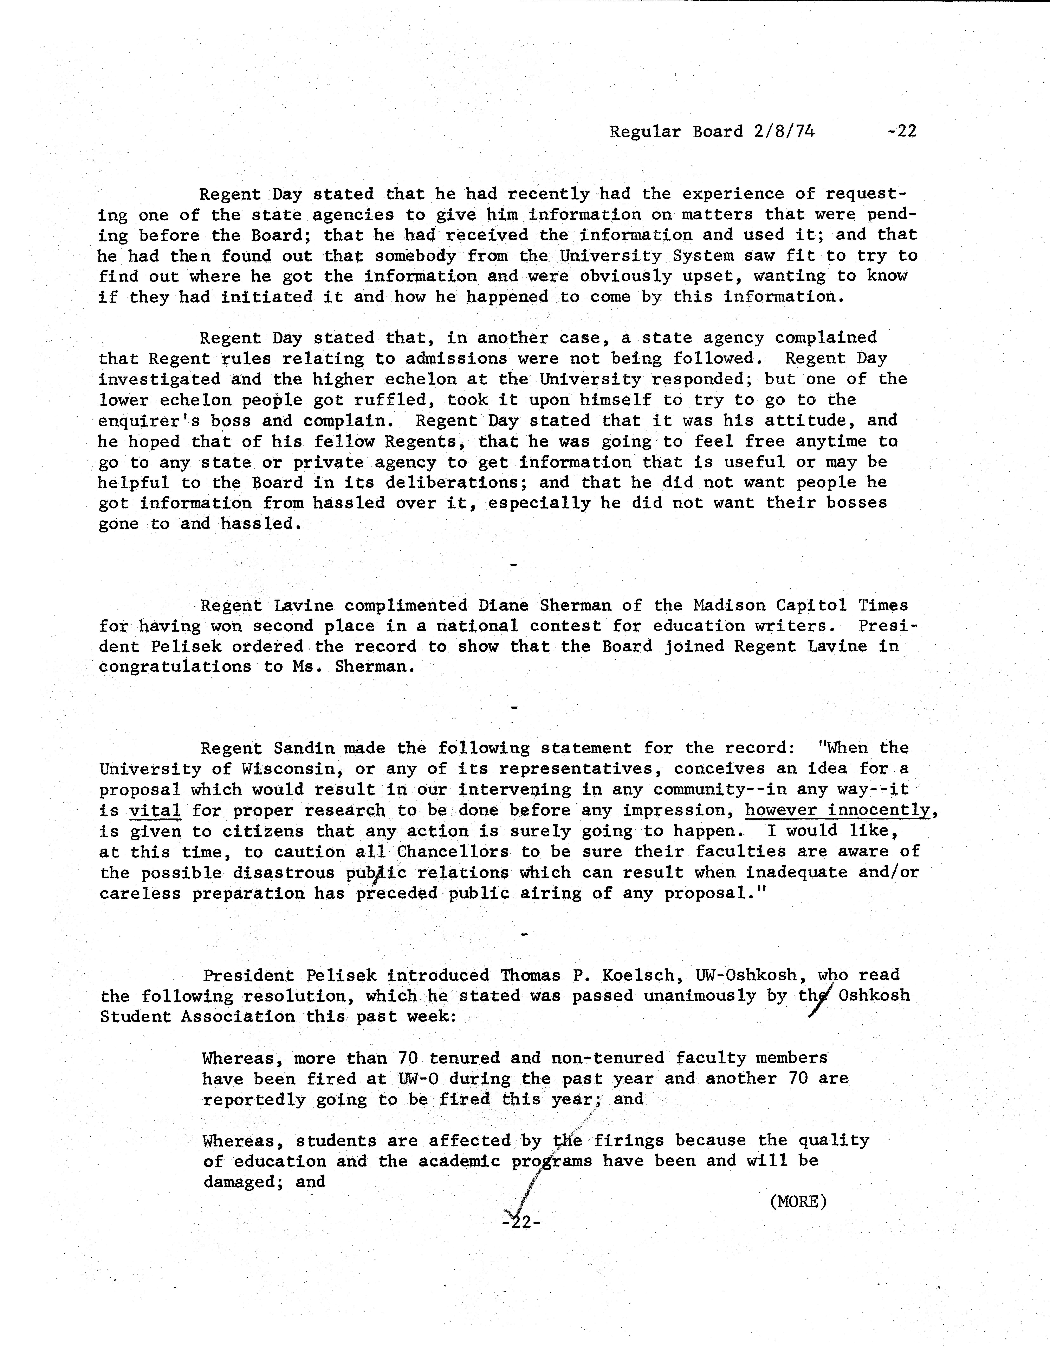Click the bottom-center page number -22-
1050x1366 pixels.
(521, 1221)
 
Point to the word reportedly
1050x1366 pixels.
(253, 1100)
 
